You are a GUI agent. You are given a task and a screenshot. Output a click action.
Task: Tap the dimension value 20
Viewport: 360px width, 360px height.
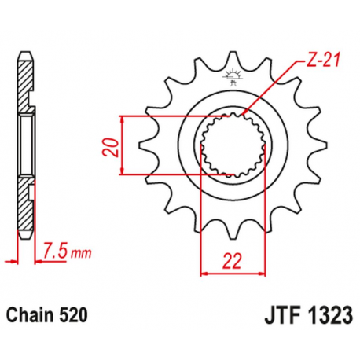[109, 146]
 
